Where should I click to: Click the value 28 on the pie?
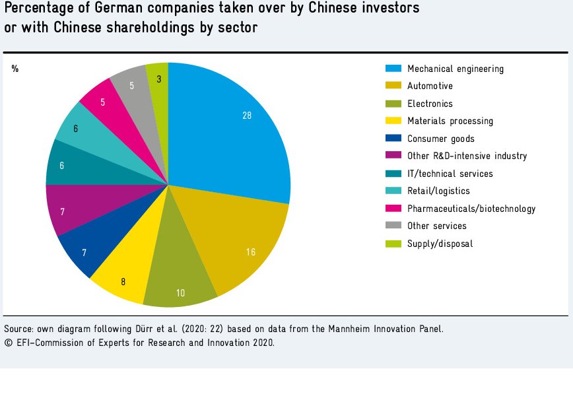point(247,115)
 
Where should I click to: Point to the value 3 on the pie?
point(159,79)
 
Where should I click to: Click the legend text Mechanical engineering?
point(455,69)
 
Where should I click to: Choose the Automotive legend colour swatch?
point(393,86)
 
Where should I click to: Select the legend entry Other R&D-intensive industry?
point(467,156)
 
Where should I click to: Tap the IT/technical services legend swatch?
point(393,174)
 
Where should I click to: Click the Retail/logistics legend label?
point(438,191)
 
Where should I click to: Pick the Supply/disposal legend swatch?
point(393,244)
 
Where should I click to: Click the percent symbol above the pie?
point(15,69)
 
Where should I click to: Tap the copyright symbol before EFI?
point(7,343)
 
